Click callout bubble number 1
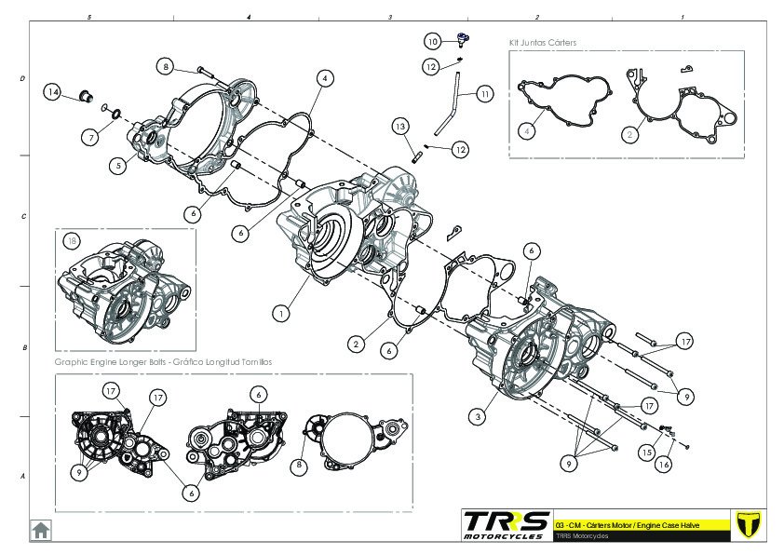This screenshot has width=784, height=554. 280,314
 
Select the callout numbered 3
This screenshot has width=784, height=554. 478,417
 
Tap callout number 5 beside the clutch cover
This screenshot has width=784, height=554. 116,166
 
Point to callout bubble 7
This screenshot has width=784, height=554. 90,137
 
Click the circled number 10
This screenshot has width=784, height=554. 433,41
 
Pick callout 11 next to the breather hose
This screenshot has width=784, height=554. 485,94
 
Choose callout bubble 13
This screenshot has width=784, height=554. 399,126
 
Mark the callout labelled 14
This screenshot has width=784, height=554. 53,92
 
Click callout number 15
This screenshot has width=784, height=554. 644,452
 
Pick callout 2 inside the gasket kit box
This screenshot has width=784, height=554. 630,134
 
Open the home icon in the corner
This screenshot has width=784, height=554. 41,529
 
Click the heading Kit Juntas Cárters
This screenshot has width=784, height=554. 543,43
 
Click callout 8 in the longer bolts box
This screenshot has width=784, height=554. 301,465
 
